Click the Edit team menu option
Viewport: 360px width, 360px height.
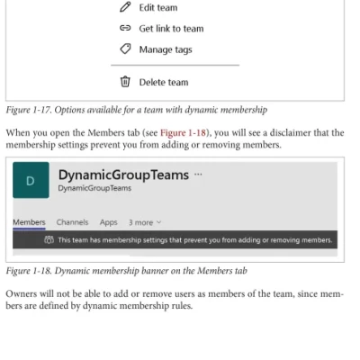click(x=157, y=8)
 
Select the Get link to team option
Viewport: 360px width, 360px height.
click(x=170, y=29)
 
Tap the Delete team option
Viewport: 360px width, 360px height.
click(x=163, y=82)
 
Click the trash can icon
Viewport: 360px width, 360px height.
click(x=126, y=82)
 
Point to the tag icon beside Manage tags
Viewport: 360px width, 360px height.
click(x=126, y=49)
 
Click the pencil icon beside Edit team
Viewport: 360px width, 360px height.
click(x=126, y=8)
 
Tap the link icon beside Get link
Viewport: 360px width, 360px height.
click(x=126, y=29)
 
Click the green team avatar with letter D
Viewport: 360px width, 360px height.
click(x=31, y=181)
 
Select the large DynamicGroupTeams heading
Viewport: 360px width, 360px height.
click(x=123, y=175)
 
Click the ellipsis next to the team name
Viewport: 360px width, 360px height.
click(x=198, y=175)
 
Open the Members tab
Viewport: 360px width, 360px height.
click(x=29, y=221)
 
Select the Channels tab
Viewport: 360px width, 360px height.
click(x=72, y=221)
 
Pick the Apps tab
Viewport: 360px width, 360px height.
click(x=108, y=221)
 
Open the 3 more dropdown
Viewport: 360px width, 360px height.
click(x=145, y=221)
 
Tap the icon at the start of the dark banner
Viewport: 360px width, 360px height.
click(x=49, y=240)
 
